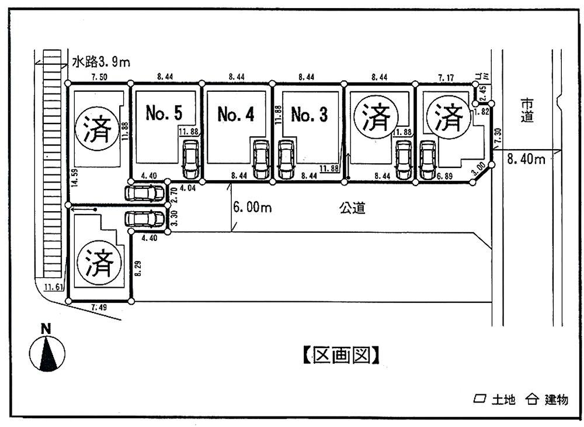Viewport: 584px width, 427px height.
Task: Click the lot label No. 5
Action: (x=164, y=113)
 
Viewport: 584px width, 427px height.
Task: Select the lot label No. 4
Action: (x=235, y=114)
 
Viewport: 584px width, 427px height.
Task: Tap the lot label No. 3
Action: (x=309, y=115)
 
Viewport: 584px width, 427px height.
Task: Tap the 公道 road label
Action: (x=352, y=208)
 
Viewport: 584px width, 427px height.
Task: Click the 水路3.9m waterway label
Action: (x=97, y=61)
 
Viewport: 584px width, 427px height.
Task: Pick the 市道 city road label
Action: (x=527, y=109)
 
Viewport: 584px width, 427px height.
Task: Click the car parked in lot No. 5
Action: (x=190, y=160)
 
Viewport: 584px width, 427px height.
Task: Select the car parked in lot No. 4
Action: (x=260, y=160)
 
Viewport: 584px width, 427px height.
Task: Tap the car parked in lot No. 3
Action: (x=285, y=160)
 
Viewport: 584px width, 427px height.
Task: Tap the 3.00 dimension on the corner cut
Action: (x=479, y=170)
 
